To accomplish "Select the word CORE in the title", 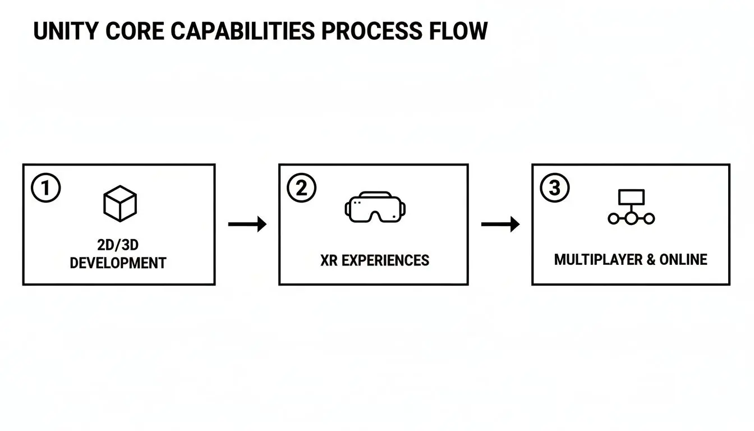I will tap(137, 31).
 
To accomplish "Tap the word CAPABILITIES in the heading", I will tap(242, 31).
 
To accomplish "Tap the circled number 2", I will tap(302, 189).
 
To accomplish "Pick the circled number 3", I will tap(554, 189).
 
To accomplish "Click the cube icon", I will tap(120, 204).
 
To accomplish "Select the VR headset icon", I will tap(375, 207).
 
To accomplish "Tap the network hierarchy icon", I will tap(631, 207).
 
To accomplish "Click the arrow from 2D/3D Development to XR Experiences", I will tap(247, 224).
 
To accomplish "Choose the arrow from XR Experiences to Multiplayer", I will tap(500, 224).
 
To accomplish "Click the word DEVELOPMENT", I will tap(118, 263).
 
